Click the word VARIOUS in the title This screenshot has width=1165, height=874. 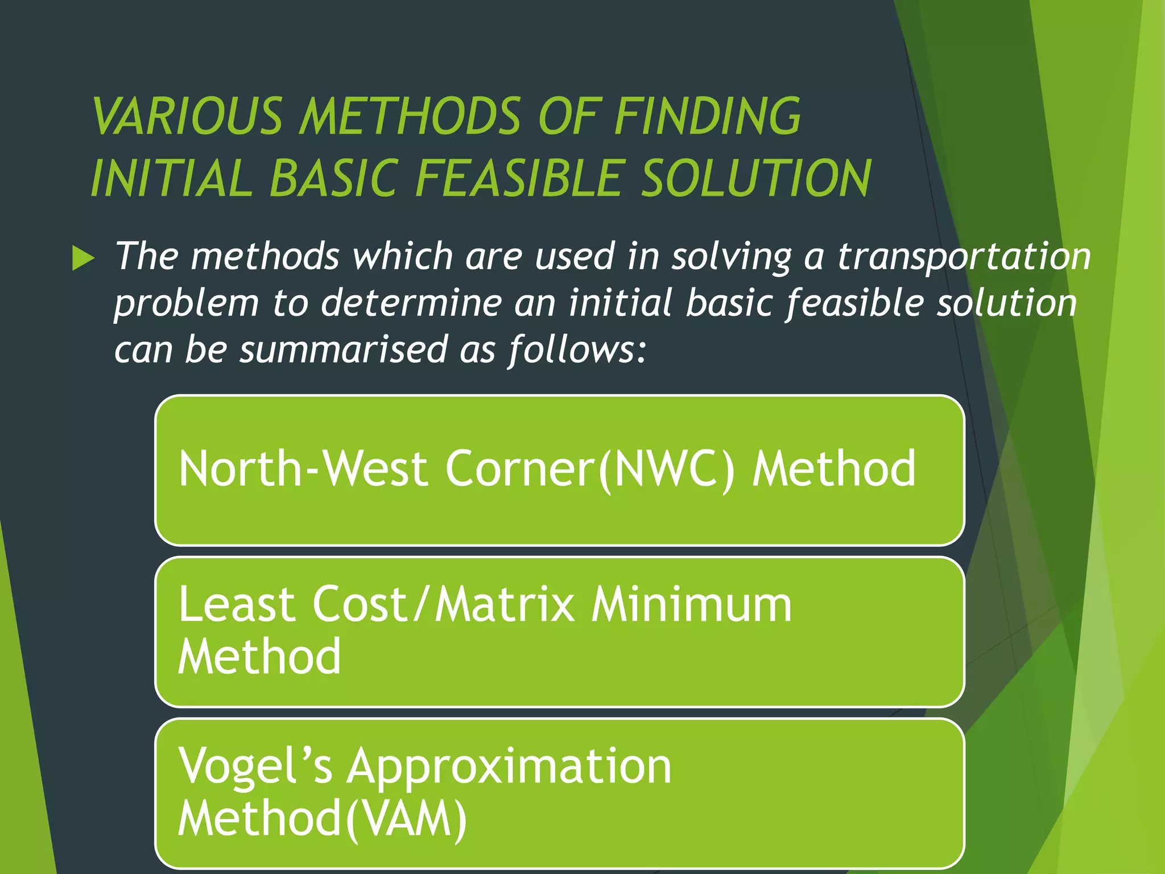point(187,116)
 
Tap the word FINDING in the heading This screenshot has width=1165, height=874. point(708,116)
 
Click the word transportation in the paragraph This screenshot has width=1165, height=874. point(964,256)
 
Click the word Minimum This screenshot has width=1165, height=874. point(691,604)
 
